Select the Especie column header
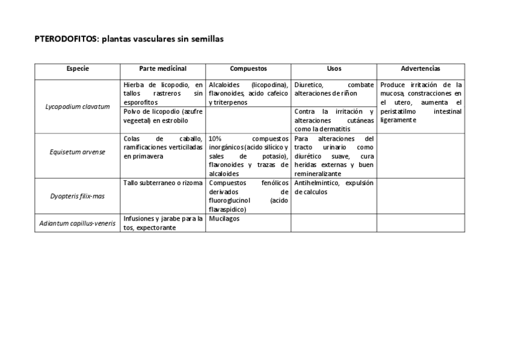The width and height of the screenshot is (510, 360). (78, 69)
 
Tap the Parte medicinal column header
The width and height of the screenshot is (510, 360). (162, 69)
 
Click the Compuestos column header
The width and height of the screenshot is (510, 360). (248, 69)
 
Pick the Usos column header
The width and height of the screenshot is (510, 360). (334, 69)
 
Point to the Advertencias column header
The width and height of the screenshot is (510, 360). (420, 69)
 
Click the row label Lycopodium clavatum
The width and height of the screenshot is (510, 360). (78, 106)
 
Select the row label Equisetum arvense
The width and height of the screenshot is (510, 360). (78, 151)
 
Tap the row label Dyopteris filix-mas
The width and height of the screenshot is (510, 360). (78, 195)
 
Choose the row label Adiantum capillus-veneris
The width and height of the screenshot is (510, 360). (78, 223)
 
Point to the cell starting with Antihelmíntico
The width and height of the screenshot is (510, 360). (334, 187)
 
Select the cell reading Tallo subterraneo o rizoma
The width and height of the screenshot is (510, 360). (162, 183)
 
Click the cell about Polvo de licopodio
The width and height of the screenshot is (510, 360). (162, 116)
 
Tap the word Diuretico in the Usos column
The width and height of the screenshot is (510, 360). (309, 85)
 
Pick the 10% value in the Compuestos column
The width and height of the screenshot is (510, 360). (215, 138)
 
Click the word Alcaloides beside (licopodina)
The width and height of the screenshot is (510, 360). (224, 85)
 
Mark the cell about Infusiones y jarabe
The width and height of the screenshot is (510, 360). (162, 223)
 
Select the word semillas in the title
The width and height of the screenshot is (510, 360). (207, 39)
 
